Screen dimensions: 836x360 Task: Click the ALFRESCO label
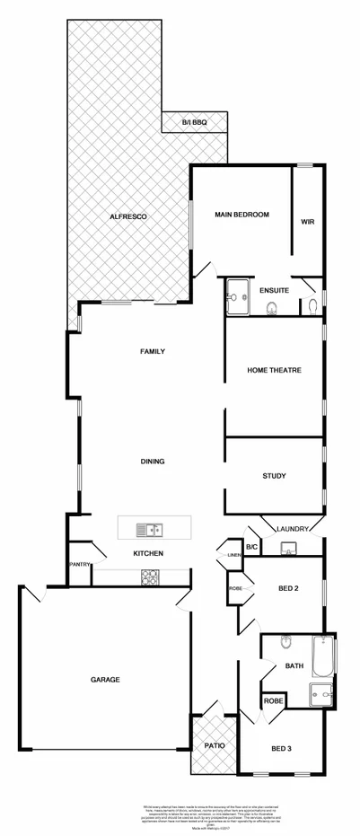click(x=127, y=217)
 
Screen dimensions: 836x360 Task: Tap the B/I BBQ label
click(x=195, y=121)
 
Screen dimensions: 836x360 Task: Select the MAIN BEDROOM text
click(x=241, y=215)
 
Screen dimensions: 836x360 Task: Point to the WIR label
click(x=307, y=222)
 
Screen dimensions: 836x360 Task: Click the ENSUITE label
click(x=274, y=290)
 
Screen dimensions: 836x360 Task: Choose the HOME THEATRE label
click(x=274, y=370)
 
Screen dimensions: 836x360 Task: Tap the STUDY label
click(x=274, y=475)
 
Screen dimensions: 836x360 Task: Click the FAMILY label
click(x=151, y=351)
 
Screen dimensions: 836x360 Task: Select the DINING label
click(x=152, y=461)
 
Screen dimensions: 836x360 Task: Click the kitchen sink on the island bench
click(x=148, y=529)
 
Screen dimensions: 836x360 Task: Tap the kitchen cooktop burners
click(x=148, y=577)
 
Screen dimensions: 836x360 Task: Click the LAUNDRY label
click(x=294, y=529)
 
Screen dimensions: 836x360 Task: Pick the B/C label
click(x=252, y=546)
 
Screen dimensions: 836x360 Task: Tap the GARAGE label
click(x=105, y=679)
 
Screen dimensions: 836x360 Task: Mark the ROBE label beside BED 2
click(x=236, y=588)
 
